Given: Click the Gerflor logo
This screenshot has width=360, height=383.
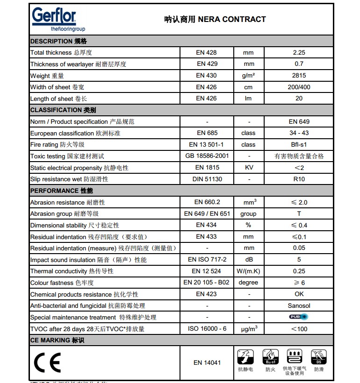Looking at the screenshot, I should (x=54, y=19).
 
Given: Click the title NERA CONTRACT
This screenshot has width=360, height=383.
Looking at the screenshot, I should (x=215, y=19).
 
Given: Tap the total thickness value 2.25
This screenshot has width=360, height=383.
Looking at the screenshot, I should (x=299, y=53).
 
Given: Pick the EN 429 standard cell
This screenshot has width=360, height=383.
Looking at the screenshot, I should (x=207, y=64).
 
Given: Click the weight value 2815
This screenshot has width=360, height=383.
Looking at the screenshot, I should (x=299, y=76).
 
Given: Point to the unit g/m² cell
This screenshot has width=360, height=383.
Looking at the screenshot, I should (x=248, y=76).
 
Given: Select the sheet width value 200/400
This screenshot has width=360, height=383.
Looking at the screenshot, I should (x=299, y=87).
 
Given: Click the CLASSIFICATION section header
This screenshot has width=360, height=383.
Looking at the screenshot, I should (x=63, y=110).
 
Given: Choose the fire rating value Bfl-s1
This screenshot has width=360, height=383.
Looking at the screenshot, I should (x=299, y=145).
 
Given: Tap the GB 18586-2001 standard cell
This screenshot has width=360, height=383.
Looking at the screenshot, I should (x=207, y=156).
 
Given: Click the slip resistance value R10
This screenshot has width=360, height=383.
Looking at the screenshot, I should (x=299, y=179).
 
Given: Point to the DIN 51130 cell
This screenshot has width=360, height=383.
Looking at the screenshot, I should (x=207, y=179).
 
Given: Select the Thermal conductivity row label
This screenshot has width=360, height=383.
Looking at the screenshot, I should (x=72, y=271).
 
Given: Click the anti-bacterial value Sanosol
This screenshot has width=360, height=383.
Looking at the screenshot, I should (x=299, y=306).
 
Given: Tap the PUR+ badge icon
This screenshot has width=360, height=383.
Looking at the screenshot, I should (x=299, y=317).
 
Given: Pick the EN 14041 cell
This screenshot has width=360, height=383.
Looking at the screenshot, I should (x=207, y=362).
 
